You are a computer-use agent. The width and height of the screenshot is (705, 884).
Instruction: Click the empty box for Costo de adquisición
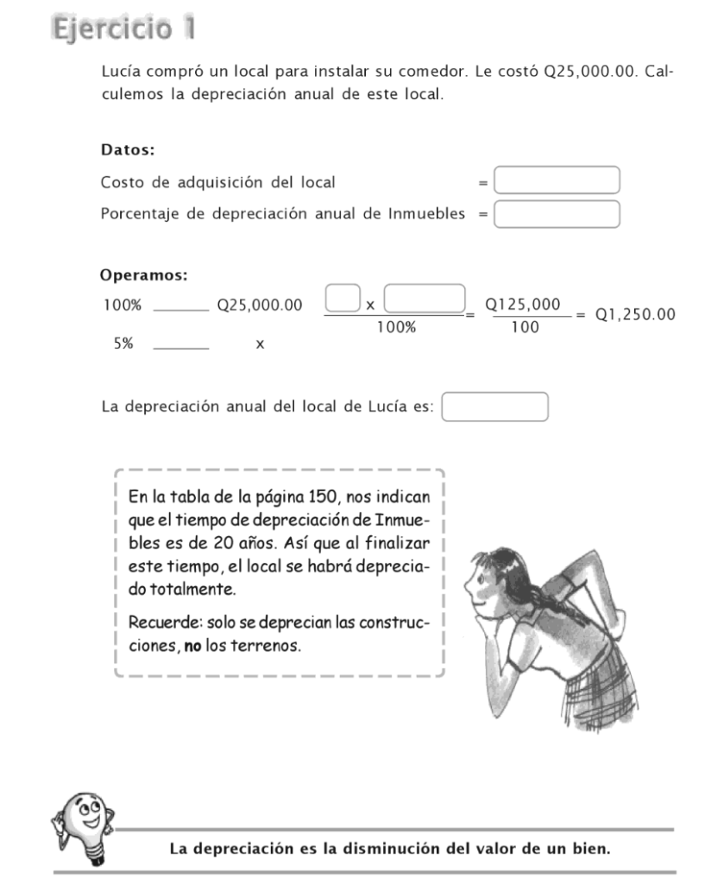pos(557,180)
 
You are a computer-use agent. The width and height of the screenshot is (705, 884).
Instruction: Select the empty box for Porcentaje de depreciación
pos(557,213)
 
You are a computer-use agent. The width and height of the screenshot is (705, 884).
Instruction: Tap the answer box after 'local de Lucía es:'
pos(495,407)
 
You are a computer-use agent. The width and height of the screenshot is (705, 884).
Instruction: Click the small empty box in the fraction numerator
pos(343,299)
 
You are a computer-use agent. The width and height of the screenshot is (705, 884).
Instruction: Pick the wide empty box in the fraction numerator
pos(425,299)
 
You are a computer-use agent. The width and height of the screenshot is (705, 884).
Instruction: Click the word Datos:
pos(128,149)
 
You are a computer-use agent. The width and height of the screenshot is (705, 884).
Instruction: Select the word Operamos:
pos(144,276)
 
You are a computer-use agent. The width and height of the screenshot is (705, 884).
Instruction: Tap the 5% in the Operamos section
pos(123,344)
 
